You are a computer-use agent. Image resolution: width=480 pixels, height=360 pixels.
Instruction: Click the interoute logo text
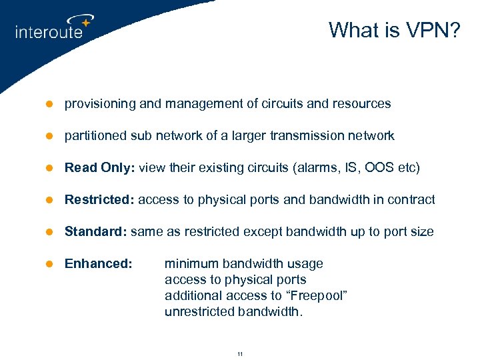point(49,31)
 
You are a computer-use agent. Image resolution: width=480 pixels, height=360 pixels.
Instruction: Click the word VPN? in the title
point(432,30)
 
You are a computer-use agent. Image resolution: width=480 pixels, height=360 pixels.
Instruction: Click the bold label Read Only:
point(98,167)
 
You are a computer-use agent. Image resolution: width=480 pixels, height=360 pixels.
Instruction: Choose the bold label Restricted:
point(99,199)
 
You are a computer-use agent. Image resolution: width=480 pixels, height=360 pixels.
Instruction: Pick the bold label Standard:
point(96,231)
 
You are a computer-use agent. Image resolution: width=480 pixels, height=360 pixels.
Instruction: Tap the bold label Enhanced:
point(98,263)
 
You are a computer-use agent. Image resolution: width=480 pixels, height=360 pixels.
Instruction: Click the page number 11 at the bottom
point(240,354)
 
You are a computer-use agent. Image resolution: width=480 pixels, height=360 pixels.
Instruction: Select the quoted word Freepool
point(317,295)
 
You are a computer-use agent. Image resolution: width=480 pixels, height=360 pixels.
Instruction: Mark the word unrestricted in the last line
point(199,311)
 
